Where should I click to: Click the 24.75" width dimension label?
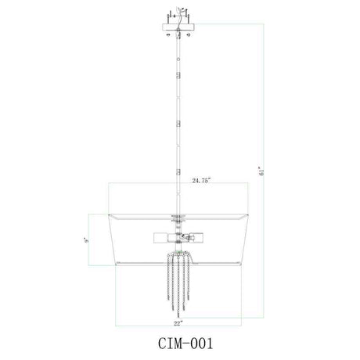[x=201, y=181]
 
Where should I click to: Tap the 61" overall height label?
[x=261, y=171]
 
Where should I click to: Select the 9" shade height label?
[x=87, y=240]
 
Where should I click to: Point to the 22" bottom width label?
[x=178, y=323]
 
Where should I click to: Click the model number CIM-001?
[x=185, y=344]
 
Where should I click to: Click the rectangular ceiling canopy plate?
[x=178, y=27]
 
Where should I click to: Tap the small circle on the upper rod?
[x=178, y=59]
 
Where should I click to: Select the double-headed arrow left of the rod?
[x=168, y=34]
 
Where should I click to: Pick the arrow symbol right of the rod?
[x=189, y=34]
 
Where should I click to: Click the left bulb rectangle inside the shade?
[x=160, y=237]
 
